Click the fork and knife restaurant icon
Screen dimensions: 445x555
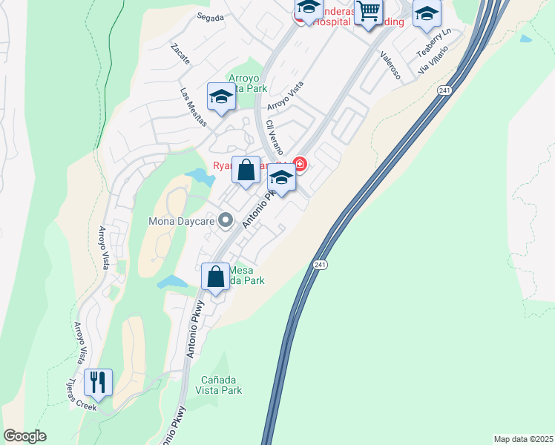98,382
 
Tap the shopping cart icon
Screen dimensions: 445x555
368,12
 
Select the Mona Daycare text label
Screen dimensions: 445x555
181,221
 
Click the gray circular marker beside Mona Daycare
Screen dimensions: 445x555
226,221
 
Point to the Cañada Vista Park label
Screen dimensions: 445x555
219,384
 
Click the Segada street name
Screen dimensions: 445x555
211,18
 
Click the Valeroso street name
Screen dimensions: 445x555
390,65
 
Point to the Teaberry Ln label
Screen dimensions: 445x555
433,44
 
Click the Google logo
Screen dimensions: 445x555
24,436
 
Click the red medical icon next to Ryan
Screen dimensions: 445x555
300,163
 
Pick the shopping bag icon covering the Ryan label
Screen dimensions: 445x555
246,170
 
